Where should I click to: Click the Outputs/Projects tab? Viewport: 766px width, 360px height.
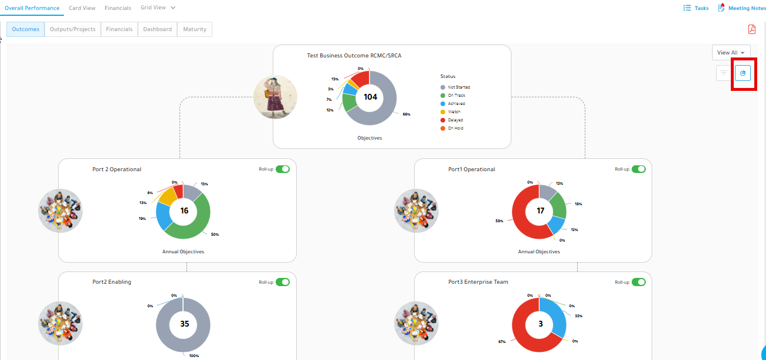[x=73, y=29]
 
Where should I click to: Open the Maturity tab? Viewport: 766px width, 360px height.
[x=195, y=29]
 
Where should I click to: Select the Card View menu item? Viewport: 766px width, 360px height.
[x=82, y=8]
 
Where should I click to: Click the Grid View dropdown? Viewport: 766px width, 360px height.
[x=158, y=8]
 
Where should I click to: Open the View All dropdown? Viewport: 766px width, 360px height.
[x=731, y=53]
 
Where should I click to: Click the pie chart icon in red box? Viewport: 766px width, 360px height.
[x=743, y=73]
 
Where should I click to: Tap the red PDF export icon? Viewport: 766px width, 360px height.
[x=752, y=29]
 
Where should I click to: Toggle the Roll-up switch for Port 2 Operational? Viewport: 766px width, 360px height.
[x=283, y=169]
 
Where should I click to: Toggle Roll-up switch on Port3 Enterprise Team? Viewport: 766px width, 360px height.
[x=639, y=282]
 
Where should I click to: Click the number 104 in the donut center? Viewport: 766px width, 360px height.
[x=370, y=97]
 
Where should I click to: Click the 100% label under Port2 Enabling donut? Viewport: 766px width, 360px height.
[x=194, y=356]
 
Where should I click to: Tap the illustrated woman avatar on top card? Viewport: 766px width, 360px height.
[x=275, y=97]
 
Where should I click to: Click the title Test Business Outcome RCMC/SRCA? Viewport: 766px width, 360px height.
[x=354, y=55]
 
